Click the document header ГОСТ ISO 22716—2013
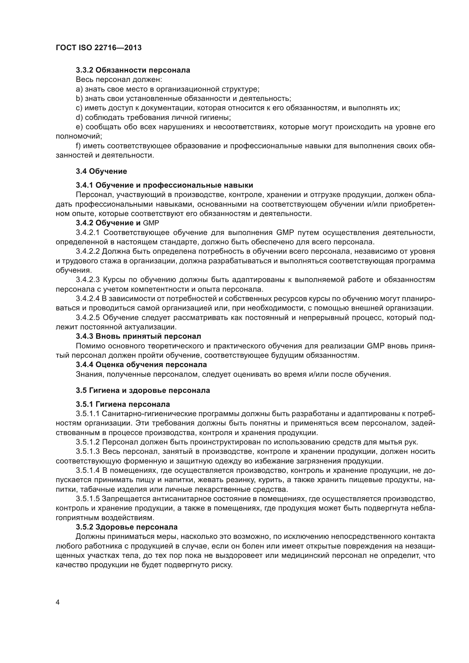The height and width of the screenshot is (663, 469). (x=98, y=48)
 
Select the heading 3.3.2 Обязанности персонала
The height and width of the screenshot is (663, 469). (x=133, y=70)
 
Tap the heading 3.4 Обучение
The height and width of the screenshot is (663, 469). (x=101, y=171)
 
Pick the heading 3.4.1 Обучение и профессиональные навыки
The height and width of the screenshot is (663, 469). (x=164, y=185)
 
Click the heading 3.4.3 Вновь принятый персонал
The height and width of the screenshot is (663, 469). (x=138, y=336)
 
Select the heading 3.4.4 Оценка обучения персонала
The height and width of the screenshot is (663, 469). (x=141, y=365)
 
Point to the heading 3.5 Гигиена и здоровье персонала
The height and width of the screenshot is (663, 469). (x=143, y=390)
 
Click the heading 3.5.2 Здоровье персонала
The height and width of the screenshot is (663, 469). (x=126, y=527)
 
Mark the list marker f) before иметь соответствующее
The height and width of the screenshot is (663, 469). (x=79, y=146)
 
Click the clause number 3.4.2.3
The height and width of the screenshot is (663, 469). (x=88, y=280)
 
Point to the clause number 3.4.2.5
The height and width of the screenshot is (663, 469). (x=88, y=318)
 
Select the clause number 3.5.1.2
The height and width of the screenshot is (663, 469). (x=88, y=442)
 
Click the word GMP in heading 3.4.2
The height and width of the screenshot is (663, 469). (x=151, y=223)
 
